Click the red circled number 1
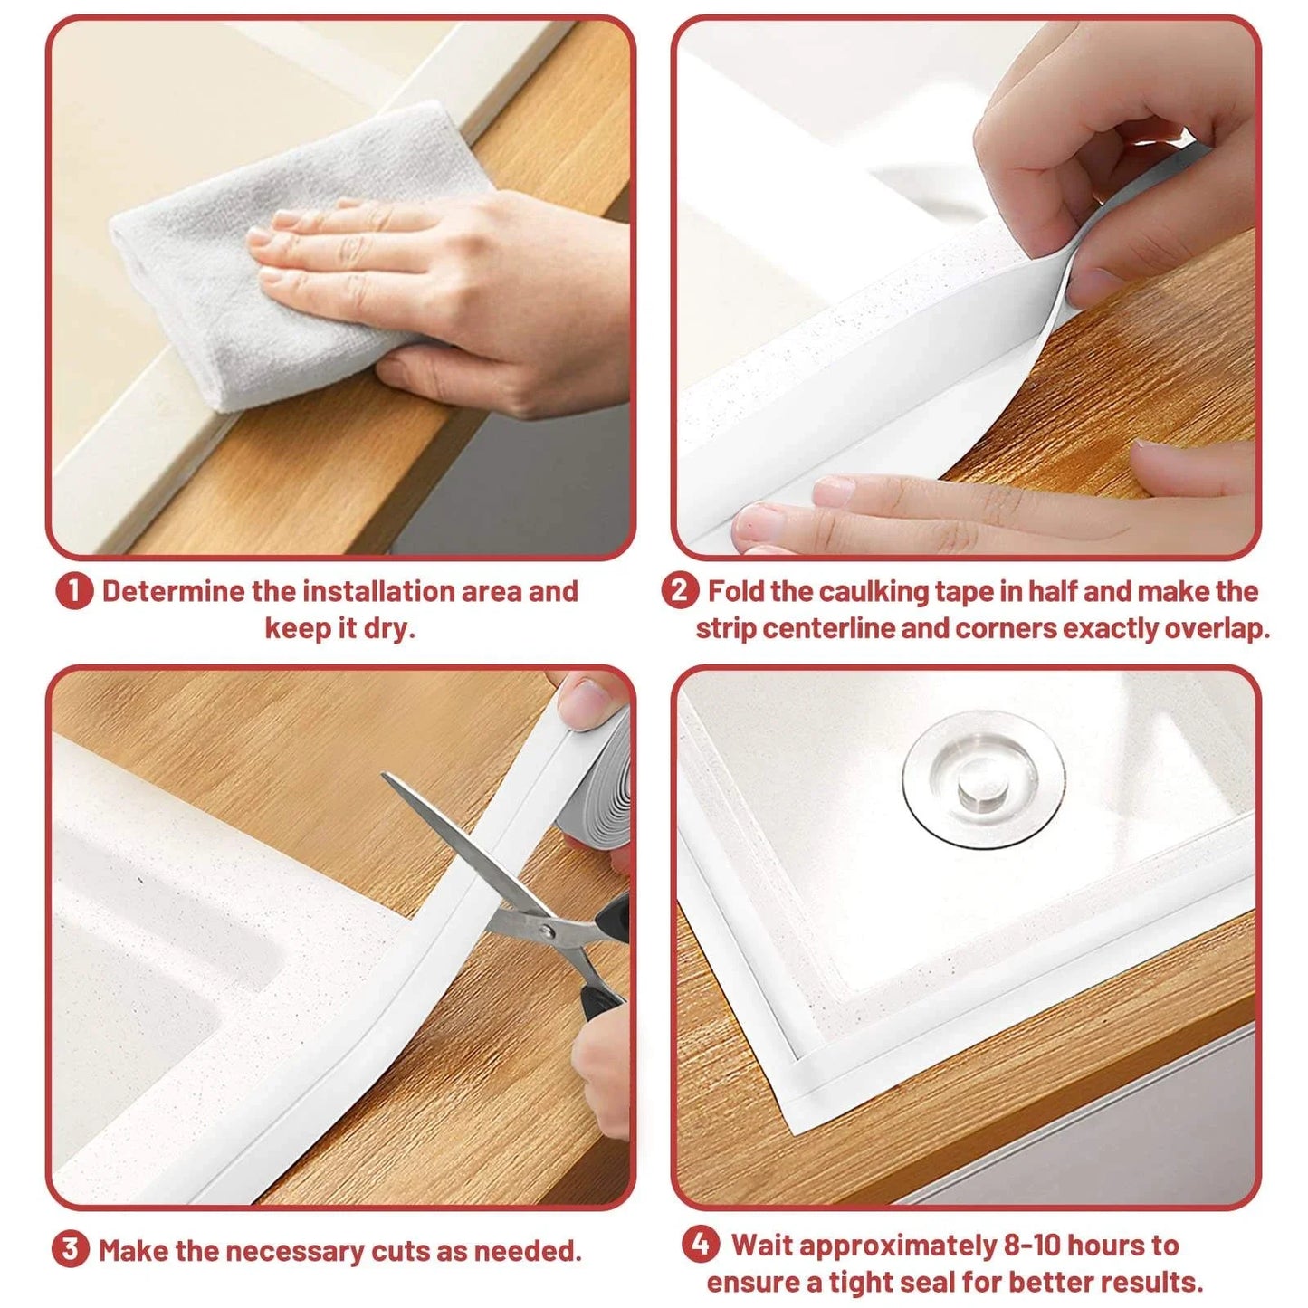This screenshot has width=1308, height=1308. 74,592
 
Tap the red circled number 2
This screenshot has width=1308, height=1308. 680,591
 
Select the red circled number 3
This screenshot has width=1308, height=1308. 71,1250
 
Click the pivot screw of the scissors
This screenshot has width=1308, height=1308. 543,930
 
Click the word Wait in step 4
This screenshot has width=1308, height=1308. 762,1246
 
